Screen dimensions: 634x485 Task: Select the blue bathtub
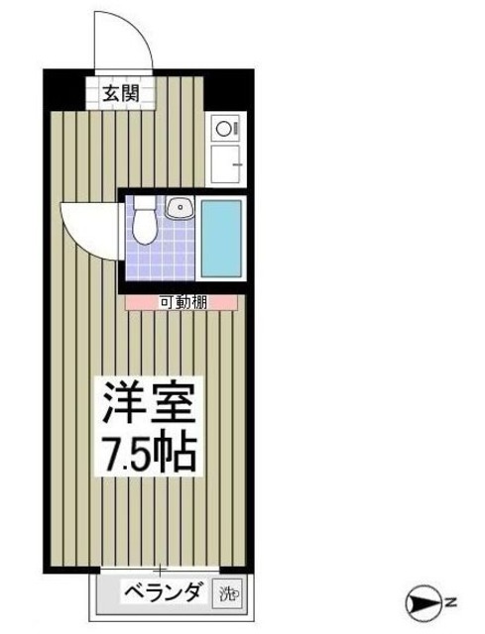click(x=221, y=238)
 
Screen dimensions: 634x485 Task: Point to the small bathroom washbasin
click(x=180, y=209)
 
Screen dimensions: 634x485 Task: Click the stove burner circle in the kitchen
click(x=223, y=128)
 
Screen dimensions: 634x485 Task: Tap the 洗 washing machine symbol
click(x=229, y=594)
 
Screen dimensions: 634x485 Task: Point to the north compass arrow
click(x=423, y=601)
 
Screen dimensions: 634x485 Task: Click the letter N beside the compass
click(x=448, y=601)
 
